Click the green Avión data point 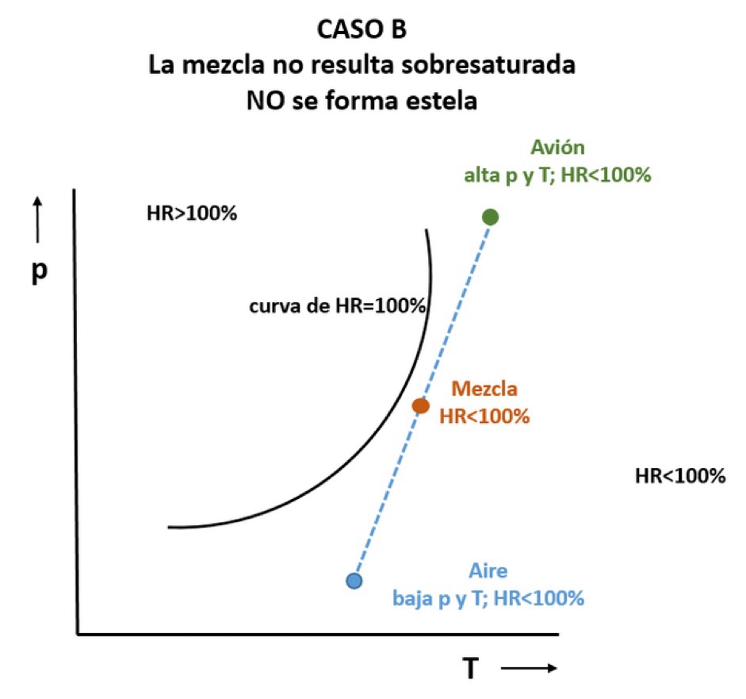tap(490, 217)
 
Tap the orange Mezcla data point tap(421, 405)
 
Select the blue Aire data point tap(354, 581)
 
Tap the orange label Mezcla tap(484, 389)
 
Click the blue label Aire tap(488, 571)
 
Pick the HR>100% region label tap(192, 213)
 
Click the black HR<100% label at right tap(680, 476)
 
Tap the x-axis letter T tap(471, 669)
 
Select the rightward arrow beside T tap(529, 669)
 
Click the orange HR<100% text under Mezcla tap(484, 415)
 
